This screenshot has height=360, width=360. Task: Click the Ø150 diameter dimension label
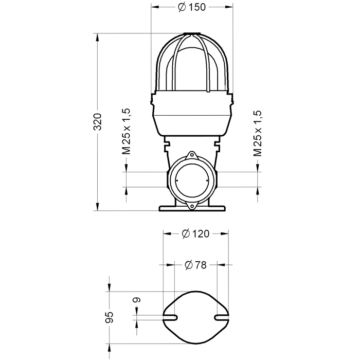click(x=192, y=7)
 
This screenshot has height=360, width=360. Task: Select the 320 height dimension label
click(x=98, y=122)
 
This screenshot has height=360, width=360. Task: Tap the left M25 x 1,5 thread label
click(x=126, y=131)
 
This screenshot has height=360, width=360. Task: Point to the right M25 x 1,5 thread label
click(x=257, y=133)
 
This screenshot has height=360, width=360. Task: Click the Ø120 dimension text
click(x=195, y=233)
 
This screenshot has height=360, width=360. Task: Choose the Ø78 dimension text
click(x=195, y=265)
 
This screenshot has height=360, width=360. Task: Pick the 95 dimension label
click(x=110, y=317)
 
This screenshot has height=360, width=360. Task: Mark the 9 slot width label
click(x=137, y=300)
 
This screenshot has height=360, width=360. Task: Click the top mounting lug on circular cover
click(x=191, y=155)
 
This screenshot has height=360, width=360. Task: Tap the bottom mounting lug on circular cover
click(x=191, y=206)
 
